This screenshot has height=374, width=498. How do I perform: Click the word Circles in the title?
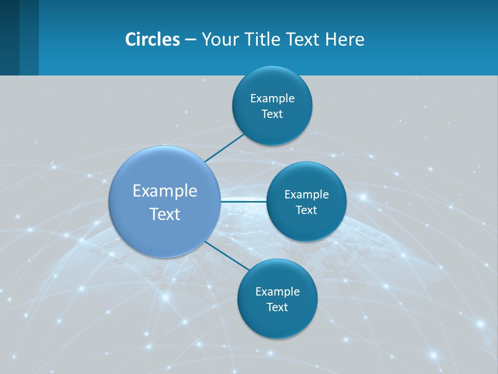153,39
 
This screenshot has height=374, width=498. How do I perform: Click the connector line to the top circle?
224,148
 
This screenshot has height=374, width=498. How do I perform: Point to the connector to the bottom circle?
226,256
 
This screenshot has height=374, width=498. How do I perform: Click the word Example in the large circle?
165,191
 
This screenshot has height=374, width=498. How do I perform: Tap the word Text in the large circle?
165,214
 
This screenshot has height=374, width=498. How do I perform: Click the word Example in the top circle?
272,99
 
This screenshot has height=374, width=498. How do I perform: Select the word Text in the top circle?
272,114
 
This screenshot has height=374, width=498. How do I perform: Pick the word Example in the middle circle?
307,195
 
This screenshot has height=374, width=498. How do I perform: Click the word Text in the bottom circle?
277,308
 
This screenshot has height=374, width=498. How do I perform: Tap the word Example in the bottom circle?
278,292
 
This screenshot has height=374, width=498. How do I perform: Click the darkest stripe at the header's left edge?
9,37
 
